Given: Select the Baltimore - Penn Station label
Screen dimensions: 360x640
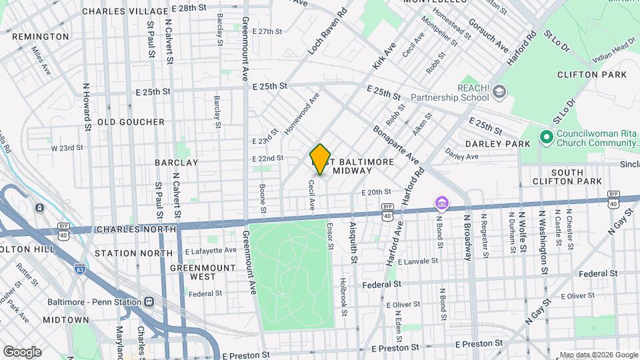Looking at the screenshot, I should coord(93,301).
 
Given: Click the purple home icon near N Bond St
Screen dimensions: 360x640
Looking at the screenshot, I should coord(441,202).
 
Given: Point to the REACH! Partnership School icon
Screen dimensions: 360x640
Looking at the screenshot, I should coord(498,93).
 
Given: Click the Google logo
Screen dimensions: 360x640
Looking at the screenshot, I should coord(22,351).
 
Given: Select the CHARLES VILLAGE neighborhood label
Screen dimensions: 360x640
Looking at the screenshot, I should coord(125,11).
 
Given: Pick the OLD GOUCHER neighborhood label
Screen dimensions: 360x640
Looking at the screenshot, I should coord(131,122).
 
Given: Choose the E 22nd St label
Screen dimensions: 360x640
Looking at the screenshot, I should coord(268,158).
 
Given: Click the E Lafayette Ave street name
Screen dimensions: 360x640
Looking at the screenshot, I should coord(211,251).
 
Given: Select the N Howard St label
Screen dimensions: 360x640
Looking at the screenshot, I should coord(87,106).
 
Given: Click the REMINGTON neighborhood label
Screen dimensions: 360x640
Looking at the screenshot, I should coord(40,36).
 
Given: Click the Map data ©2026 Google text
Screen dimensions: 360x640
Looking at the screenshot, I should coord(598,355).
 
